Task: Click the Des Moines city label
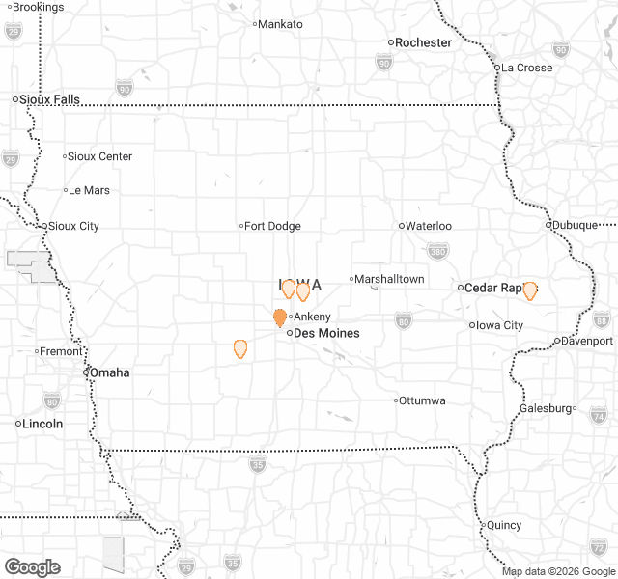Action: click(325, 333)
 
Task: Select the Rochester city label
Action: click(423, 42)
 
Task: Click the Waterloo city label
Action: click(428, 226)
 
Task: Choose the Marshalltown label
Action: click(388, 279)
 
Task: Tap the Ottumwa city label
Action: click(422, 400)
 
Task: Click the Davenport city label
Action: click(588, 341)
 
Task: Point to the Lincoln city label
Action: click(43, 424)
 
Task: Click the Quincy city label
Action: click(504, 526)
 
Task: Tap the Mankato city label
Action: click(281, 24)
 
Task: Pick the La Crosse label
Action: click(526, 68)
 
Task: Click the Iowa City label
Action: click(500, 325)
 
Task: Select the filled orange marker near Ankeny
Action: click(280, 317)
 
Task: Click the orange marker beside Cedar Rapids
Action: click(529, 289)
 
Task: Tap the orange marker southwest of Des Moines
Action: click(240, 348)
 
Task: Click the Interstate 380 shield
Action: click(437, 253)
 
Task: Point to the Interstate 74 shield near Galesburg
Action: click(598, 416)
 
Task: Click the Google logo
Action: click(32, 567)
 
